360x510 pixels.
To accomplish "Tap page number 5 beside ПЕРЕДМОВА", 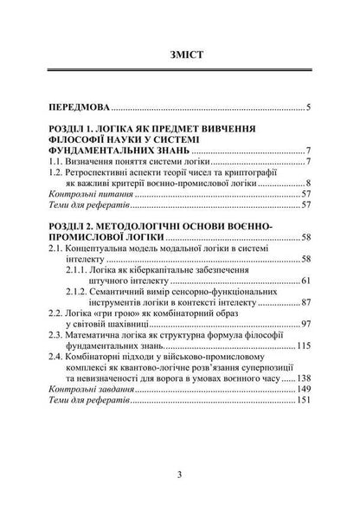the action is pyautogui.click(x=309, y=109).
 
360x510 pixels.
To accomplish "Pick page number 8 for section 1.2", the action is pyautogui.click(x=309, y=184).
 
